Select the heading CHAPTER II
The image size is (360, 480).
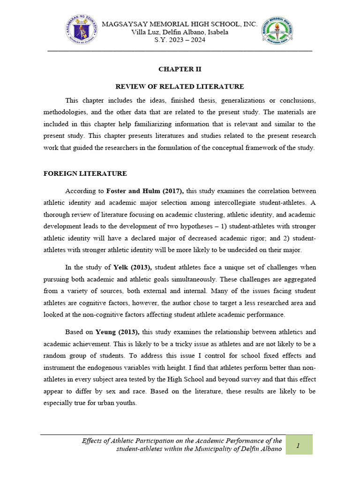tap(180, 69)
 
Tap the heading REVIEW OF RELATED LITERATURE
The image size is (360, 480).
tap(180, 86)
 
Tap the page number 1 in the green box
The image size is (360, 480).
tap(298, 445)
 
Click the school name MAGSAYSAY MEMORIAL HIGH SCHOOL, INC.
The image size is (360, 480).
tap(180, 24)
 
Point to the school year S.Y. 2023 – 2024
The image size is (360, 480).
tap(180, 40)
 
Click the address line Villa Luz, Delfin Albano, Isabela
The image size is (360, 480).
tap(180, 32)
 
